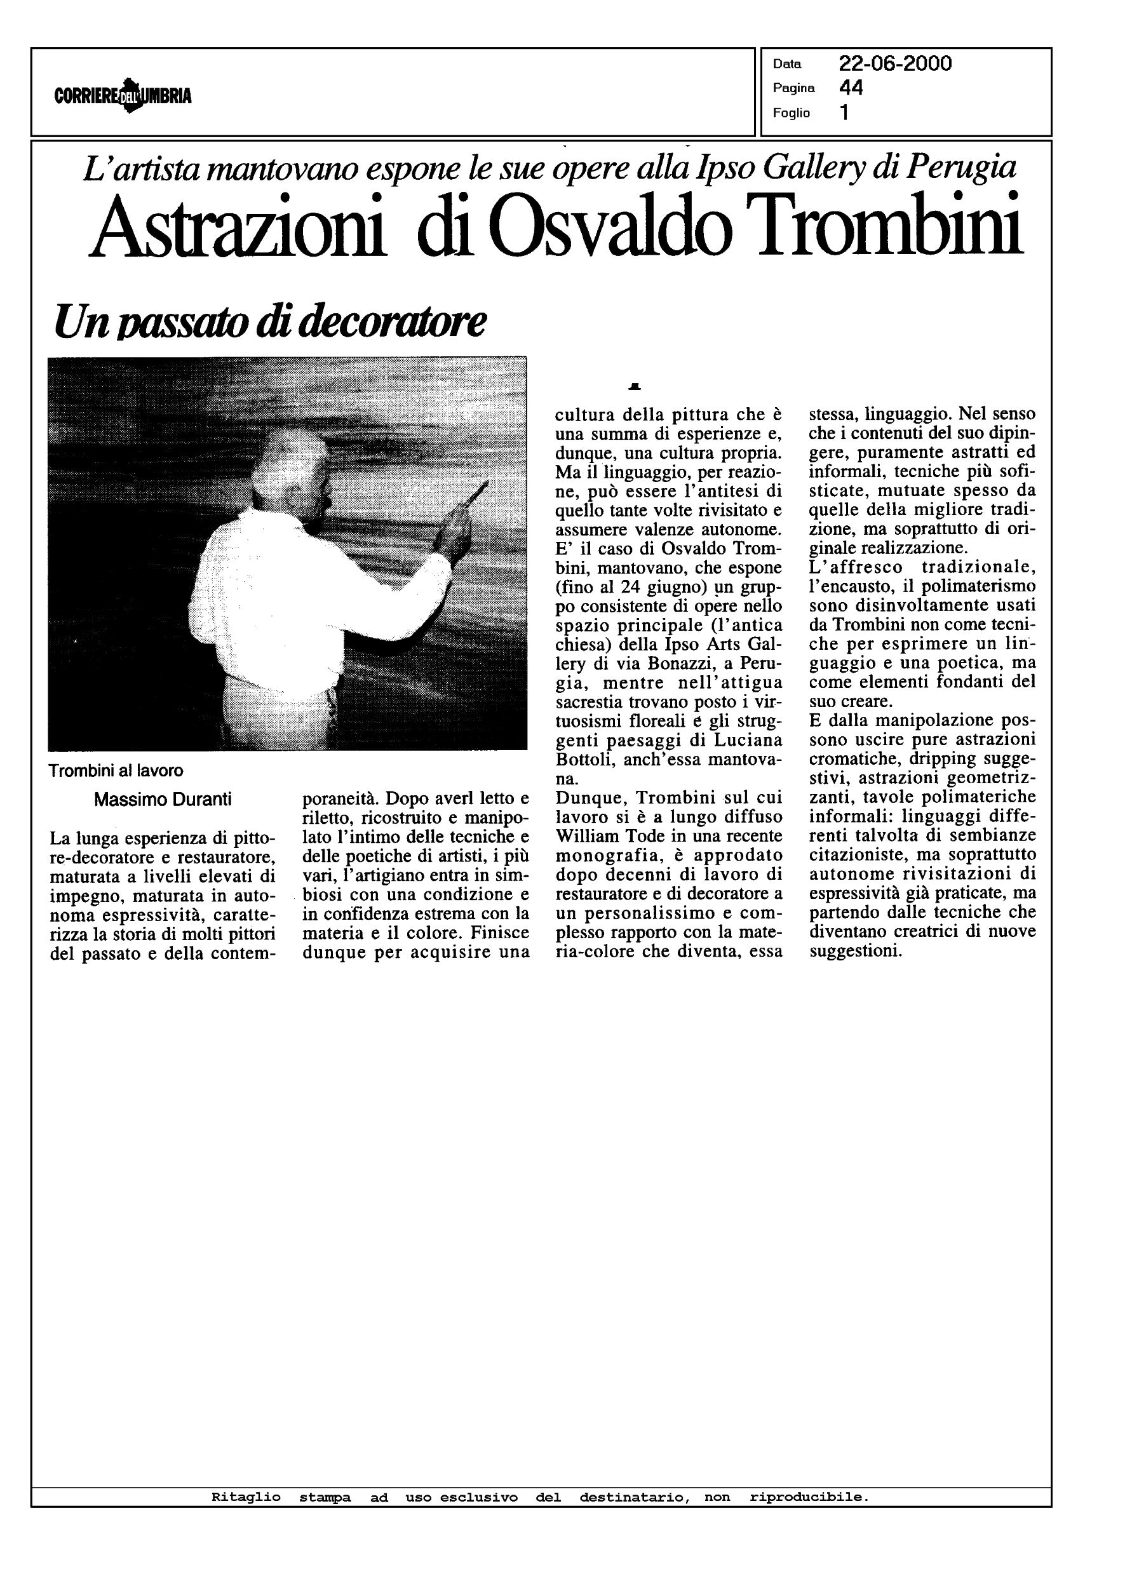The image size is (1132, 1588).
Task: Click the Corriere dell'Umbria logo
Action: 123,95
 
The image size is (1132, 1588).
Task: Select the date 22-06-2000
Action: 895,64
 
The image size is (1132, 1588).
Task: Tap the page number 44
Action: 851,88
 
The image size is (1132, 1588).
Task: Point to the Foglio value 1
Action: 844,112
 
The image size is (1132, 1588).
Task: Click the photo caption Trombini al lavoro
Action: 116,770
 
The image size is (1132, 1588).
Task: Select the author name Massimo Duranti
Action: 163,799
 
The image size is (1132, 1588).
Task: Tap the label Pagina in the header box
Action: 793,88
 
